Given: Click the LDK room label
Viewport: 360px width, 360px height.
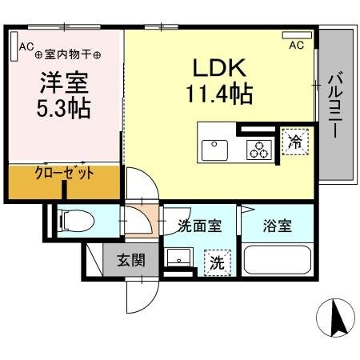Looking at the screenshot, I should point(214,69).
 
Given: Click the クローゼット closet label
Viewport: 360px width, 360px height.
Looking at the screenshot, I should point(64,173).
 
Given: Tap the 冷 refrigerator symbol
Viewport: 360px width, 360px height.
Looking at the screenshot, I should point(294,143).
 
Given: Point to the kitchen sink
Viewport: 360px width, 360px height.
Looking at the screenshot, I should point(214,149).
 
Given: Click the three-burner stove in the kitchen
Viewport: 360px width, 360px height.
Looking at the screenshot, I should point(258,149).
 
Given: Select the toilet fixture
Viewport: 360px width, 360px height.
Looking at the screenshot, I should point(70,218).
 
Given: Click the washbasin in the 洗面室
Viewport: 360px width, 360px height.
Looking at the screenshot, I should point(178,258).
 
